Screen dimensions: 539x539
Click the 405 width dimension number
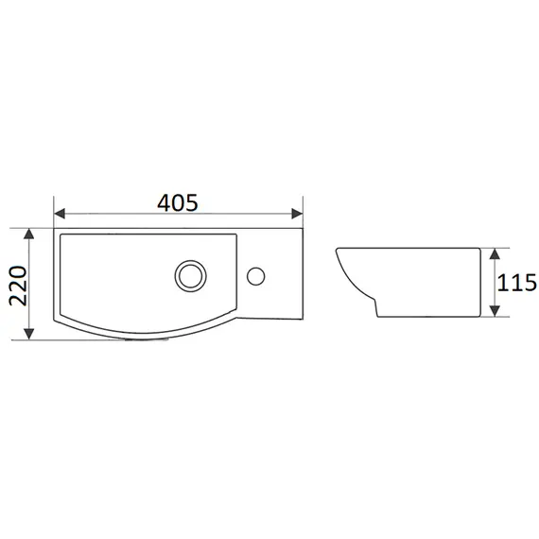click(x=177, y=201)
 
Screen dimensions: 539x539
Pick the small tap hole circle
click(x=255, y=275)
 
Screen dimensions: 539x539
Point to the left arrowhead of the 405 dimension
click(x=60, y=214)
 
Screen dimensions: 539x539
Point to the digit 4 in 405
click(x=162, y=201)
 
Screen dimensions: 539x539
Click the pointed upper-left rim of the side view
click(x=339, y=251)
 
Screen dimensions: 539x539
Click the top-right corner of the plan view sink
click(x=301, y=227)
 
